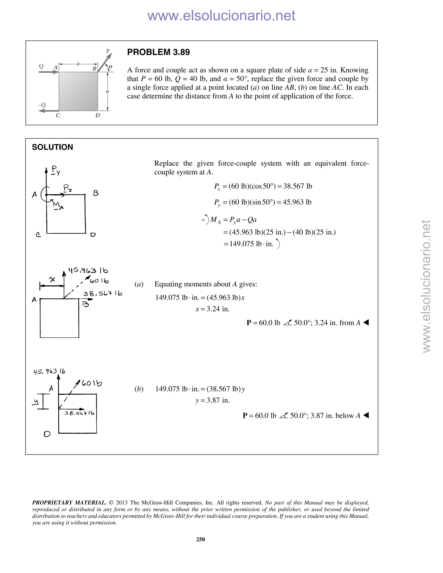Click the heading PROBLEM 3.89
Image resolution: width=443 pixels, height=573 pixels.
pos(158,52)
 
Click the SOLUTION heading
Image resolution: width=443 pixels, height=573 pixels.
pos(53,147)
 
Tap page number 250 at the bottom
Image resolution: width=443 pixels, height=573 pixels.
pos(201,539)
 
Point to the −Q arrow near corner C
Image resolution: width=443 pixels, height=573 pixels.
pos(48,111)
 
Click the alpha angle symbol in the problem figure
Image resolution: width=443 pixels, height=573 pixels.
pos(111,66)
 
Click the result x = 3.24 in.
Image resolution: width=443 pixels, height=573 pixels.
pos(213,309)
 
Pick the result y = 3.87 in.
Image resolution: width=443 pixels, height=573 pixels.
pos(213,400)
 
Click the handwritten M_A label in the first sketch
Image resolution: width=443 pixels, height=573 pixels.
pos(58,205)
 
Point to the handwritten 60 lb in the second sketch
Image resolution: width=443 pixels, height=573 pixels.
pos(99,281)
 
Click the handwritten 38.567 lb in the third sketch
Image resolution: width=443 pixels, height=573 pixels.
pos(79,413)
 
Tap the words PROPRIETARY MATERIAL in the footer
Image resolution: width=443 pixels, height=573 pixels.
pos(69,503)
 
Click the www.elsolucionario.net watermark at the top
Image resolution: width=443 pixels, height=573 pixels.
pos(221,16)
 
